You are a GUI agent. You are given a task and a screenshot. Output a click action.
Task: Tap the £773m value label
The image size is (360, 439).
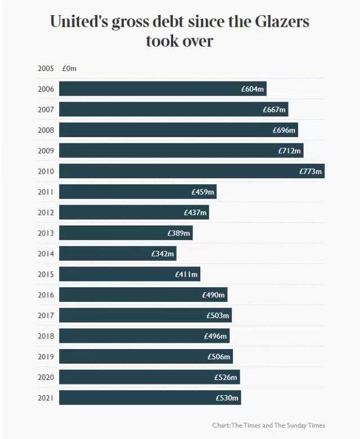coord(310,171)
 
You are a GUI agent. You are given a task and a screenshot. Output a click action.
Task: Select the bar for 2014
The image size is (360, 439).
coord(118,254)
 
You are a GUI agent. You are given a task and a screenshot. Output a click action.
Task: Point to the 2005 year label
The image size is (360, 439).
coord(46,69)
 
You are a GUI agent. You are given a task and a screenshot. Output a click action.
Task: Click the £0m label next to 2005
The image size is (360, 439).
coord(69,69)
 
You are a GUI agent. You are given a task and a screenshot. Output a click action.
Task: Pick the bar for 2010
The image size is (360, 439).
coord(192,171)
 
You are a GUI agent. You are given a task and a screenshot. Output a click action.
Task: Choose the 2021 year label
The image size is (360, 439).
coord(46,398)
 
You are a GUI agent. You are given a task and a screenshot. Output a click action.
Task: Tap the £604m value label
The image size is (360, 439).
coord(253,89)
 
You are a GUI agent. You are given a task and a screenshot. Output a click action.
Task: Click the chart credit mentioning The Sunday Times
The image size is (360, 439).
coord(269,426)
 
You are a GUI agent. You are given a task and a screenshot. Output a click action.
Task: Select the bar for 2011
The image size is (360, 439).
coord(138,192)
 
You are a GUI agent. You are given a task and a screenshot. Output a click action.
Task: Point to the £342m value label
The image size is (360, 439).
coord(163,254)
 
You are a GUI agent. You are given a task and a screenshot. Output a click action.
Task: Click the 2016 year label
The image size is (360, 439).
coord(46,295)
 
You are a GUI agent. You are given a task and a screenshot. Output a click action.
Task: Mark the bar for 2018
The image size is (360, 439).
coord(144,336)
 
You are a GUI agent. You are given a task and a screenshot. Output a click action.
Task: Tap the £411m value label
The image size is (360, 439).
coord(186,274)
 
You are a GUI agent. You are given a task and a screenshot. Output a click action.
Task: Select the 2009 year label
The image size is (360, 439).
coord(46,151)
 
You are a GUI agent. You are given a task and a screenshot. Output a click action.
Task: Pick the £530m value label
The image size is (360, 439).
coord(228,398)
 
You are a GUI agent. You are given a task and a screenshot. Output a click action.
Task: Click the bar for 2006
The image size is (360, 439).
coord(163,89)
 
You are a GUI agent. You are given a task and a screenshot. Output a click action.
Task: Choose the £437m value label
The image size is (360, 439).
coord(196,212)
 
